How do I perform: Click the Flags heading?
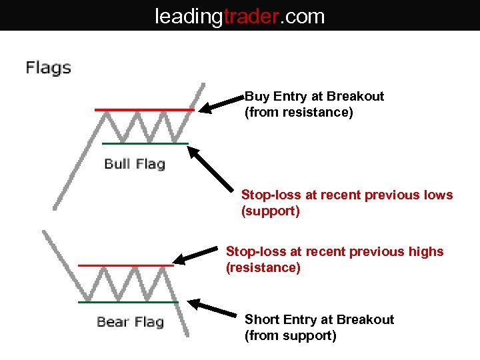[48, 67]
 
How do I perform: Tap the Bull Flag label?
[134, 164]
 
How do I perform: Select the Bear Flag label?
[130, 322]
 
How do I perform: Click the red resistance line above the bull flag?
[143, 109]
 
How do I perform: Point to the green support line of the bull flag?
[145, 143]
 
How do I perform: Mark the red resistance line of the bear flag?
[125, 265]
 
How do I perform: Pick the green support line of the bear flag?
[127, 302]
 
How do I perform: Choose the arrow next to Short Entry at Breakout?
[213, 308]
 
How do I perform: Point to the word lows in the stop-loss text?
[438, 195]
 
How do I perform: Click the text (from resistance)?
[299, 113]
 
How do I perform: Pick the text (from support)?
[290, 336]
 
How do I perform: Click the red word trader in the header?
[251, 15]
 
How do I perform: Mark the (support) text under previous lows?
[270, 212]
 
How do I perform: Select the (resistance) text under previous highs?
[263, 268]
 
